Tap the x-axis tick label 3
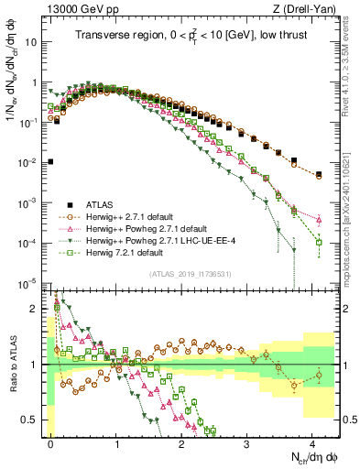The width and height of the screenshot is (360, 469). click(x=246, y=443)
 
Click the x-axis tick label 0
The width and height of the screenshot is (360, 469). click(x=50, y=443)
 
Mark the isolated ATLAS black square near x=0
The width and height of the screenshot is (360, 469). click(x=50, y=162)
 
